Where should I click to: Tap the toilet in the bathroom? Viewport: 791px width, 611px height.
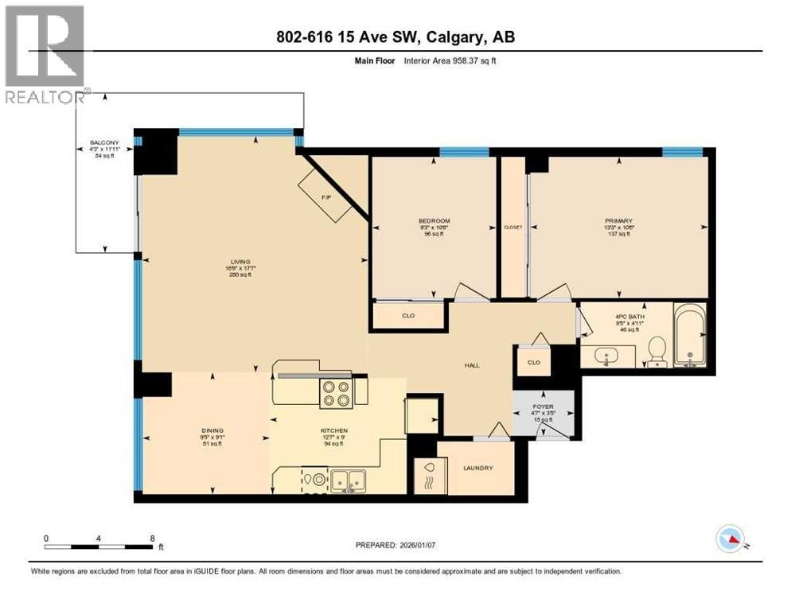pyautogui.click(x=657, y=351)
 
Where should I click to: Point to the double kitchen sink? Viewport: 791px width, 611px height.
pyautogui.click(x=348, y=481)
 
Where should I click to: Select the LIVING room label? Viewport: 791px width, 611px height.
pyautogui.click(x=240, y=262)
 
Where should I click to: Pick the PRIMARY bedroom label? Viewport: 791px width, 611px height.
pyautogui.click(x=618, y=220)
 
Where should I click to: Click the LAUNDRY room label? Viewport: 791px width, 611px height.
pyautogui.click(x=478, y=468)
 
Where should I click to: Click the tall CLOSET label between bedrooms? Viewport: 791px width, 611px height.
pyautogui.click(x=513, y=228)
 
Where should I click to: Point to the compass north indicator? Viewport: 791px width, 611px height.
pyautogui.click(x=730, y=539)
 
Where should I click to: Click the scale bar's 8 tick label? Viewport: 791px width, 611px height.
pyautogui.click(x=152, y=538)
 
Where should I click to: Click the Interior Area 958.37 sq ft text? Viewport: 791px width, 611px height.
pyautogui.click(x=451, y=60)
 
